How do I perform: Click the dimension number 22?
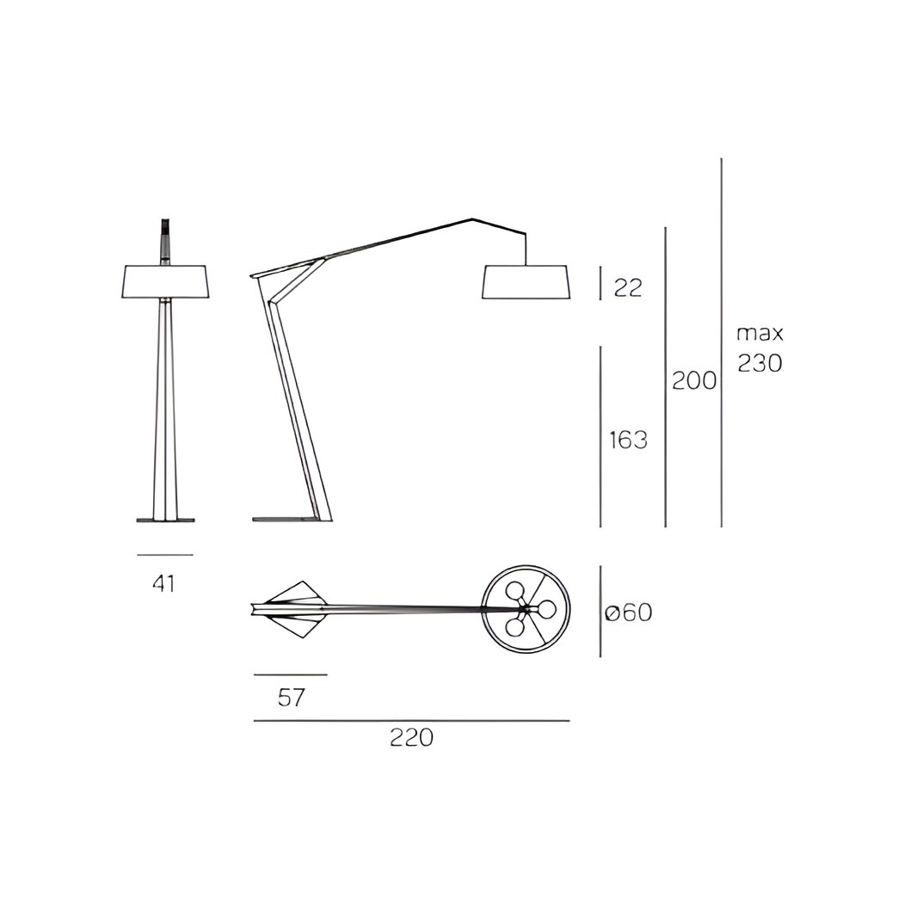point(628,286)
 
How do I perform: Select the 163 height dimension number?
point(629,440)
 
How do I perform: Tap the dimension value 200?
point(694,381)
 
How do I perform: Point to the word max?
point(760,334)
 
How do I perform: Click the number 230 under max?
point(760,363)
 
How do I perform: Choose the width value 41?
point(164,583)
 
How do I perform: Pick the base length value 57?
point(291,698)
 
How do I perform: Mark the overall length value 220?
point(411,737)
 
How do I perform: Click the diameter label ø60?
point(629,612)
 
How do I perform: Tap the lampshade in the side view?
point(526,282)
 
